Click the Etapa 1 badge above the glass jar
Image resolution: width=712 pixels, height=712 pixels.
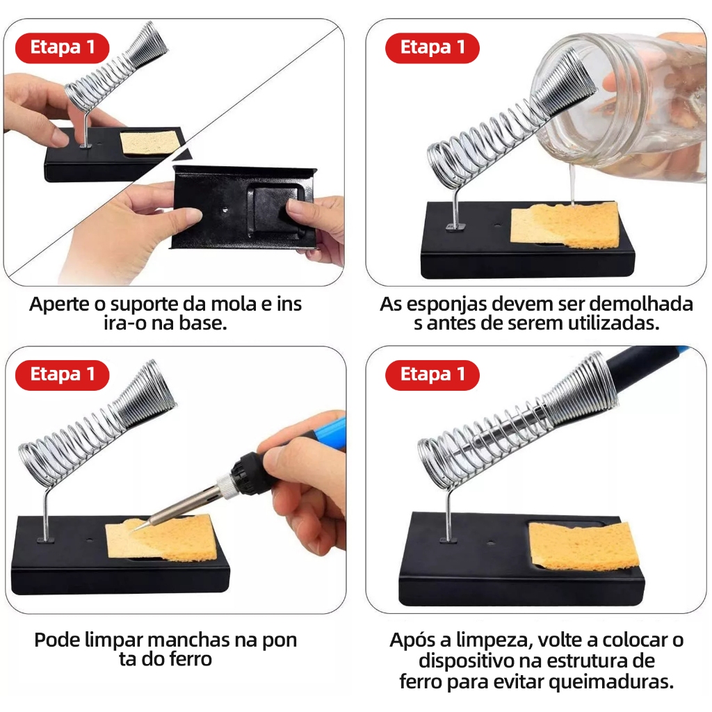432,48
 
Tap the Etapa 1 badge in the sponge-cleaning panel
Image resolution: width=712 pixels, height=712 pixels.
62,375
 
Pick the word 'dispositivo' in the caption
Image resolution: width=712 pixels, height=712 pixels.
467,661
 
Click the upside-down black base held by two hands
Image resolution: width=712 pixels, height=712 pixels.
243,207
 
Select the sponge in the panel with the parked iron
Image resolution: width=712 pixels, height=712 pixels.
584,547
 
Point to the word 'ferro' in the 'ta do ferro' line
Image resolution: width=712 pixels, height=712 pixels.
191,659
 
